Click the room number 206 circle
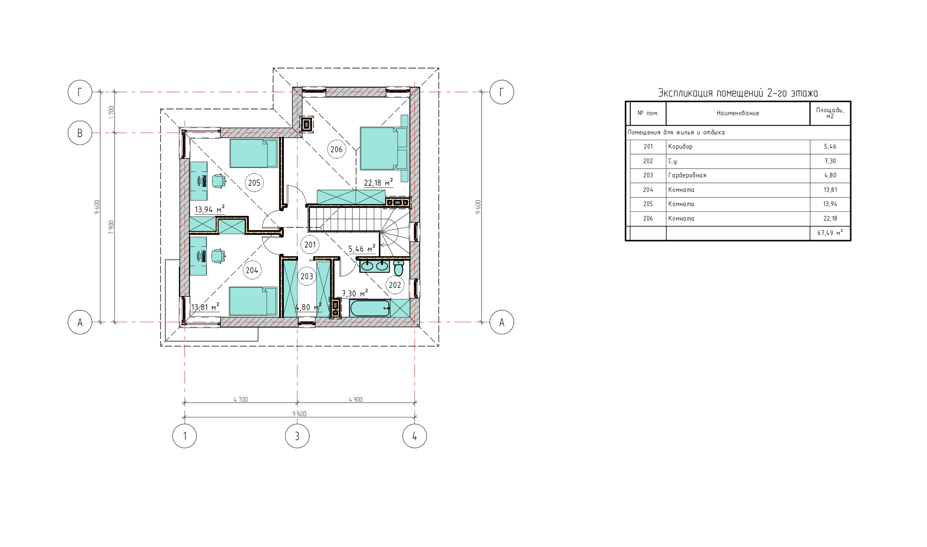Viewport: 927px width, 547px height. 336,149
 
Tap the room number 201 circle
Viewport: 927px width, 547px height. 310,244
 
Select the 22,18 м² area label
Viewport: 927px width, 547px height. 378,183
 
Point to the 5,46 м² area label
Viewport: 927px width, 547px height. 362,249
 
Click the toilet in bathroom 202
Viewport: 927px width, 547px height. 398,268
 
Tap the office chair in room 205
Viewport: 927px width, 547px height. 219,181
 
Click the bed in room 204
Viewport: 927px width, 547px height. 253,302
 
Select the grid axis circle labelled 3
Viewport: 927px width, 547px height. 297,436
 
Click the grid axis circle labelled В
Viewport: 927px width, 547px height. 80,133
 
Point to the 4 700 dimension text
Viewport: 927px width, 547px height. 241,400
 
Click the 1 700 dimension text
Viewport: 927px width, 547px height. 111,112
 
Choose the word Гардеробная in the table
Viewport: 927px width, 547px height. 687,176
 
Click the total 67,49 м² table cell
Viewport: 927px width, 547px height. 830,233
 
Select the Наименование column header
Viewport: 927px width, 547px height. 738,113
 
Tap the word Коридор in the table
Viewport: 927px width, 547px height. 680,147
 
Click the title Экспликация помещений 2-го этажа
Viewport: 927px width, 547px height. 738,93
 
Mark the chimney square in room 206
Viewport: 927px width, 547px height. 306,125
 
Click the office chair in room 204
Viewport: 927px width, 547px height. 219,256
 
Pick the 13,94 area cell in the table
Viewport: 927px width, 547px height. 830,204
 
